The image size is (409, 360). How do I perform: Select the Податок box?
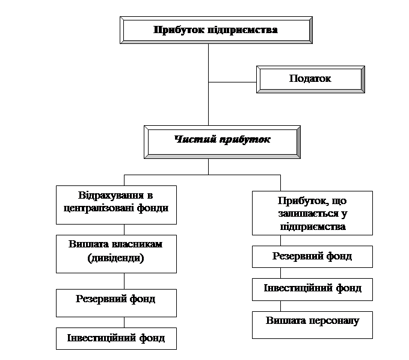coord(310,79)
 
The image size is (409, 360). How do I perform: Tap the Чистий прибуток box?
coord(222,141)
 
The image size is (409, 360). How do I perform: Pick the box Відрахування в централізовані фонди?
coord(117,204)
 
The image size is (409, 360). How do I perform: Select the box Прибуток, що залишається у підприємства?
coord(312,213)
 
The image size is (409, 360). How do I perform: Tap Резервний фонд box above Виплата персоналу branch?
coord(312,256)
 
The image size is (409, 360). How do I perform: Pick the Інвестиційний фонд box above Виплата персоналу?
coord(312,289)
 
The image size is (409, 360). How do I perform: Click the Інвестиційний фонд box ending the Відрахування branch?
coord(117,338)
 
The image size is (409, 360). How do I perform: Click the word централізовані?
coord(115,209)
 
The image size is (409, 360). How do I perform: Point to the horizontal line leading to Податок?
coord(232,82)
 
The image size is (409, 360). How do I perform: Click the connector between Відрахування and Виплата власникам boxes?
coord(124,229)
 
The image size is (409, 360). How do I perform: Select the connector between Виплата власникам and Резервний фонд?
coord(124,281)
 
